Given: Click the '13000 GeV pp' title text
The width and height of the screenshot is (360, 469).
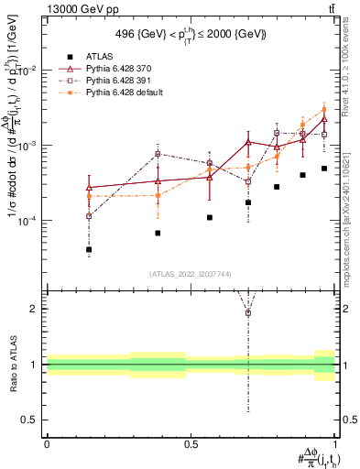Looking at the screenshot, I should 77,8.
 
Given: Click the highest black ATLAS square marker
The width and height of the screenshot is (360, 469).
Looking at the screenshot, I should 324,169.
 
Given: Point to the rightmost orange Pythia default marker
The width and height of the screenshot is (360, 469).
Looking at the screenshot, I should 324,110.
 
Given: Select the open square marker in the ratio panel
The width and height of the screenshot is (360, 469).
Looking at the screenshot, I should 248,313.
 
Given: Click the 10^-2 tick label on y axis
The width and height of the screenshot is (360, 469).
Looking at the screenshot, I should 28,71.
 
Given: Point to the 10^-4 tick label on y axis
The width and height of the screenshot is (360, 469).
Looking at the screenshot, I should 28,222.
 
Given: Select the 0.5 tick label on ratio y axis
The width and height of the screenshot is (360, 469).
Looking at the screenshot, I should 30,420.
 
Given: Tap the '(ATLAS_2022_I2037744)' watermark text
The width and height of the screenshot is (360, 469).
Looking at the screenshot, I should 191,274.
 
